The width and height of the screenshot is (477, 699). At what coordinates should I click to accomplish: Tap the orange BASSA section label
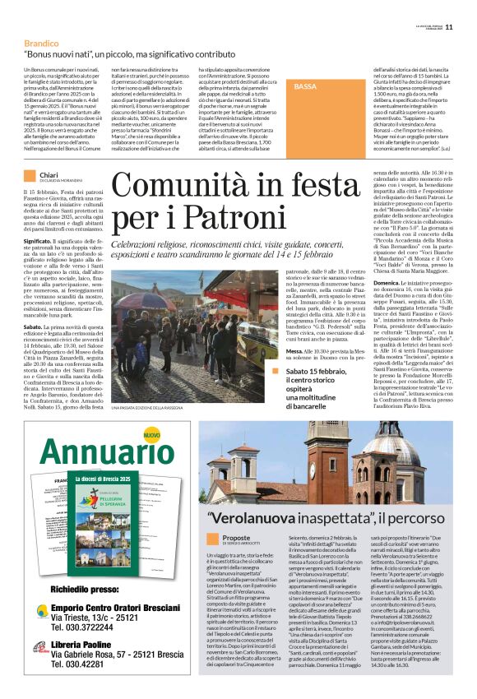point(305,86)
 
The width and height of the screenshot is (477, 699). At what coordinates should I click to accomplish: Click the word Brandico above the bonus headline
point(41,41)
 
